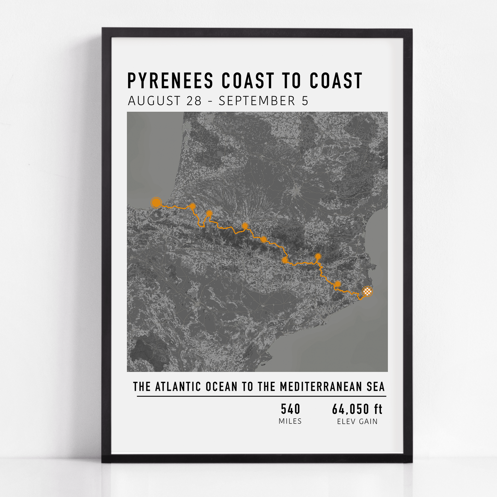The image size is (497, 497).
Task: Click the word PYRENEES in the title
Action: click(x=170, y=81)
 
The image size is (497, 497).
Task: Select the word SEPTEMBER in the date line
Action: click(x=257, y=101)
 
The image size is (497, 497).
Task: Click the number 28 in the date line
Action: click(x=194, y=101)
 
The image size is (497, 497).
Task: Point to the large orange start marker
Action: click(x=156, y=203)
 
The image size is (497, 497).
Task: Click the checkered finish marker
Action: click(x=367, y=291)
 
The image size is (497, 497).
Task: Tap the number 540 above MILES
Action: click(x=290, y=409)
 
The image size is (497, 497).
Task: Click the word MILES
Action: click(x=290, y=421)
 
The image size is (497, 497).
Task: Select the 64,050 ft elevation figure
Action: click(x=357, y=409)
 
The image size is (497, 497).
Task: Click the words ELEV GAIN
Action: click(x=357, y=421)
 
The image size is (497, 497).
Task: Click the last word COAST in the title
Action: click(x=336, y=81)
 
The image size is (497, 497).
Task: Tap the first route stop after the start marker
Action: click(x=192, y=206)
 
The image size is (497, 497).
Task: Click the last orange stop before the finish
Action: click(x=338, y=284)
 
